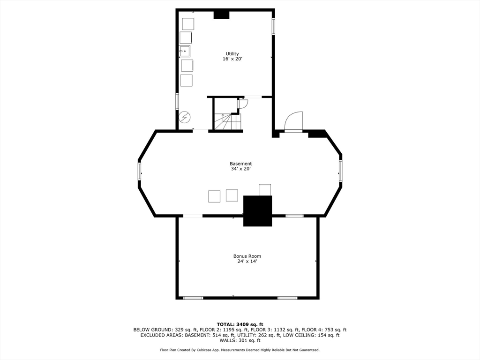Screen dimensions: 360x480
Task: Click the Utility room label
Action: [232, 54]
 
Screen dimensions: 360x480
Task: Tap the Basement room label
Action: [240, 164]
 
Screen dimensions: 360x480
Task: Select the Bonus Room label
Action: [247, 256]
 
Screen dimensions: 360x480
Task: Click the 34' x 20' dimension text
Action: [240, 169]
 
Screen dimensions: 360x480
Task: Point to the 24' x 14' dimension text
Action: [247, 261]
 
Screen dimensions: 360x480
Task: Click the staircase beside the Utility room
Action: [227, 122]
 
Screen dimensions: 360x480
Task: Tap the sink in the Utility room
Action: [185, 51]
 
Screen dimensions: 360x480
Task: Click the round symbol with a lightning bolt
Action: [185, 116]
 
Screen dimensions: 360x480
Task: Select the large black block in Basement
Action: [257, 211]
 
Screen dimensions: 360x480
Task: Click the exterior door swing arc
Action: [294, 121]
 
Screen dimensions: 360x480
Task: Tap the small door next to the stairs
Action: [242, 104]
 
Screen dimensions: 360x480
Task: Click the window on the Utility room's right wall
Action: [273, 26]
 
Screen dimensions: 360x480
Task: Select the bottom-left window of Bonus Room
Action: [193, 298]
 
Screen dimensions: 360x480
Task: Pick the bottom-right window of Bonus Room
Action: [287, 298]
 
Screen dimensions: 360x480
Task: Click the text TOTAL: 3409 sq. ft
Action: [240, 324]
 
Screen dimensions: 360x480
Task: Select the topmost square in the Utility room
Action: [187, 24]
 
